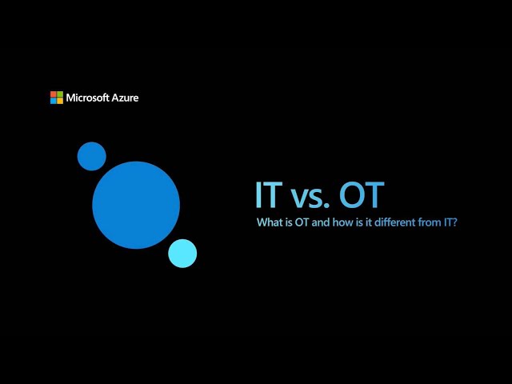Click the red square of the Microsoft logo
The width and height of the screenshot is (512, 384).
pyautogui.click(x=54, y=94)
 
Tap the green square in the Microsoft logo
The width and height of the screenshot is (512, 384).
pyautogui.click(x=60, y=94)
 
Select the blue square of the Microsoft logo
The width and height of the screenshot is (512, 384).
pyautogui.click(x=54, y=101)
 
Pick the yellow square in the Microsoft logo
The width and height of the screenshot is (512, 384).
pyautogui.click(x=60, y=101)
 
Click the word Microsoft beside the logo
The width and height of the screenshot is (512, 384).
pyautogui.click(x=87, y=98)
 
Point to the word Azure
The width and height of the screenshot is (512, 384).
pyautogui.click(x=126, y=98)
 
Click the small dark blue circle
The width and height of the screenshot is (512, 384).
pyautogui.click(x=92, y=156)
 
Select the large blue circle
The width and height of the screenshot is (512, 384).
pyautogui.click(x=136, y=205)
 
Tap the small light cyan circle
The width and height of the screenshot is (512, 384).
pyautogui.click(x=182, y=254)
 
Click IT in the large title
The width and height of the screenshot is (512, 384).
pyautogui.click(x=269, y=194)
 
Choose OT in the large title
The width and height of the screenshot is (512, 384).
pyautogui.click(x=362, y=194)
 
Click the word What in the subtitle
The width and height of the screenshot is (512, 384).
pyautogui.click(x=270, y=222)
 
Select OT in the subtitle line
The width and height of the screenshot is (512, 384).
pyautogui.click(x=302, y=222)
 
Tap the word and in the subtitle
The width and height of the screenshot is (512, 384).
pyautogui.click(x=321, y=222)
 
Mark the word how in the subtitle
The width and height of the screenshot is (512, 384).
pyautogui.click(x=342, y=222)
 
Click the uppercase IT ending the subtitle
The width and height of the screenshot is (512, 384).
pyautogui.click(x=447, y=222)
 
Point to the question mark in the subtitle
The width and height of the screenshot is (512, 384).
pyautogui.click(x=454, y=222)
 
